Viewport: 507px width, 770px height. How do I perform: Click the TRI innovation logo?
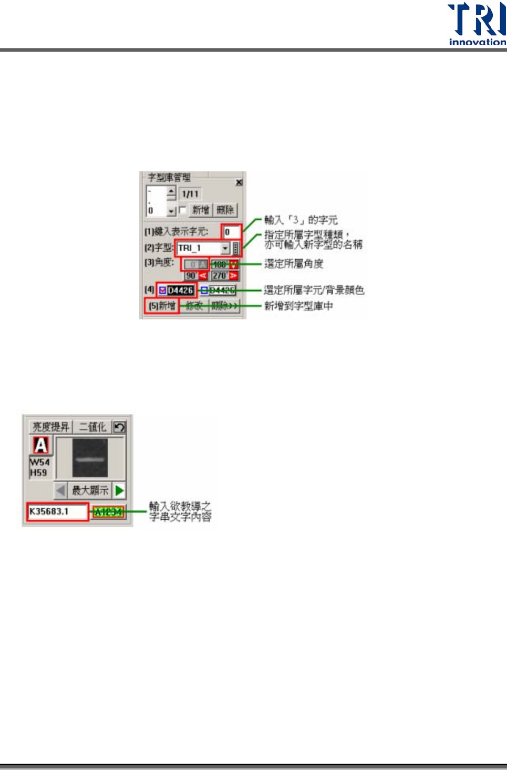(477, 24)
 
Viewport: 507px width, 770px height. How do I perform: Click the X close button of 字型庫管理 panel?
(239, 182)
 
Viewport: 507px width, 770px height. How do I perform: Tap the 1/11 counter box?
(190, 194)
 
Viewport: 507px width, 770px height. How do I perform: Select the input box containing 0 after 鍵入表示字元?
(231, 232)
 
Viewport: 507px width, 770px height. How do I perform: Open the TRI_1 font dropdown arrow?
(225, 248)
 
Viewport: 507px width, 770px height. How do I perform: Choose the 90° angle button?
(192, 275)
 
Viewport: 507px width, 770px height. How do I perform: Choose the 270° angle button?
(220, 275)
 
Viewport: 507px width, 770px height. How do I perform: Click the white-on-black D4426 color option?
(180, 290)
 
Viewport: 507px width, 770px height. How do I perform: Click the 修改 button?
(194, 306)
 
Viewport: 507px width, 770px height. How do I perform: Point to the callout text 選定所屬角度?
(294, 264)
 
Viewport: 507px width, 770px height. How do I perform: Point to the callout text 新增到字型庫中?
(298, 306)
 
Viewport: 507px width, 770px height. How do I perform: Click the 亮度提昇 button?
(51, 427)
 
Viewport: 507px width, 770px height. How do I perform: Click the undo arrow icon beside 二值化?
(120, 427)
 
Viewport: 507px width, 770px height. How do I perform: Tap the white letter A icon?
(41, 445)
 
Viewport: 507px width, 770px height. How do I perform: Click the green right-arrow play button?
(120, 490)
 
